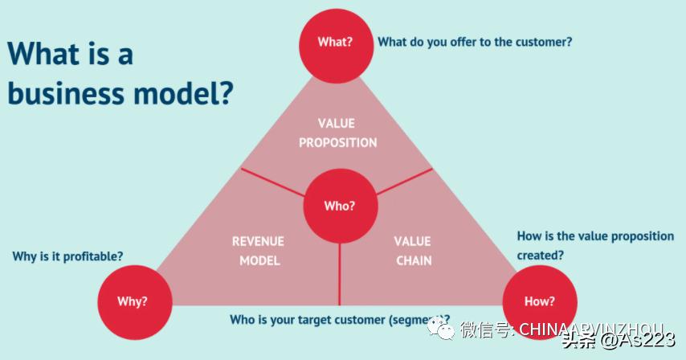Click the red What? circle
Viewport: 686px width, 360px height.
point(335,43)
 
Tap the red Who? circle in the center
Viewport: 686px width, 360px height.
point(339,207)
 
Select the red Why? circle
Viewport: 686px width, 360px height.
point(133,302)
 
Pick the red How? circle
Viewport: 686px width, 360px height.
point(540,302)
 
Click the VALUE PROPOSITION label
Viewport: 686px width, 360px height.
point(337,133)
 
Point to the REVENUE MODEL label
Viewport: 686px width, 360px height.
point(258,251)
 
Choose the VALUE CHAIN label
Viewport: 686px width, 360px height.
point(414,251)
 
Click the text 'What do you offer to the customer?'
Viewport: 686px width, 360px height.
point(475,42)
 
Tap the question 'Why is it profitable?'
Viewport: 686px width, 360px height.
point(67,256)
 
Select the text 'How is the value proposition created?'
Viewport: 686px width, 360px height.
point(595,245)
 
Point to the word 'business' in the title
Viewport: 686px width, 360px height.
point(71,93)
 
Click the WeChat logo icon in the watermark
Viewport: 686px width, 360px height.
point(441,328)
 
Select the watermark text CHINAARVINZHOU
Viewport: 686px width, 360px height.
point(591,329)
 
